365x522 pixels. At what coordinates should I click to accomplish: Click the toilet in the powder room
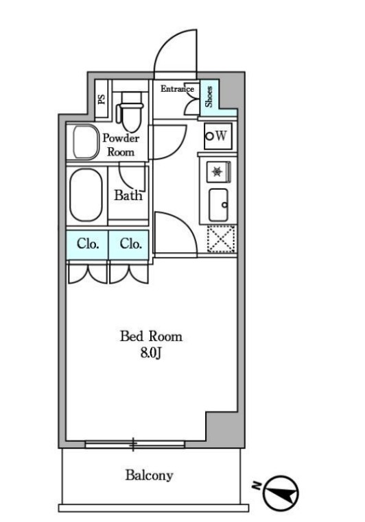[130, 112]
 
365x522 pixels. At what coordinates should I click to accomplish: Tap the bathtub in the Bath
[86, 195]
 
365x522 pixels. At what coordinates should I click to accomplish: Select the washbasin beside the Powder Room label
[86, 142]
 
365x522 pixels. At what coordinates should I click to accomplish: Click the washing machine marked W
[218, 136]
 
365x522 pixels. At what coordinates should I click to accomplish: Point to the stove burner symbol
[217, 172]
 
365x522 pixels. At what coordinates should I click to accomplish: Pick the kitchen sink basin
[219, 205]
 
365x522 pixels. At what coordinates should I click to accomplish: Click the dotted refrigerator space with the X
[221, 238]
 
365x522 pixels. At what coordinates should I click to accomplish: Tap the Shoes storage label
[209, 97]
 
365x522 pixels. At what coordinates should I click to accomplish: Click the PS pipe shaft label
[102, 99]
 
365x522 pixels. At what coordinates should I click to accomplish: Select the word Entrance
[177, 88]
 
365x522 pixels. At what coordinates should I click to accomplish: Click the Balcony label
[149, 475]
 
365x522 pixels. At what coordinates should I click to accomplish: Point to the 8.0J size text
[151, 353]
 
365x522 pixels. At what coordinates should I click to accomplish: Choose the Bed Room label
[151, 336]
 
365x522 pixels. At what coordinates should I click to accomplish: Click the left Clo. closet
[87, 245]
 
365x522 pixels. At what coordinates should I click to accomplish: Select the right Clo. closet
[129, 245]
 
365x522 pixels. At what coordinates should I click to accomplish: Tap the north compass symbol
[281, 493]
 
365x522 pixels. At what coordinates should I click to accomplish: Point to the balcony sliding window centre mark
[133, 444]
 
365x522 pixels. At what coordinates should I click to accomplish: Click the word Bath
[128, 195]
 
